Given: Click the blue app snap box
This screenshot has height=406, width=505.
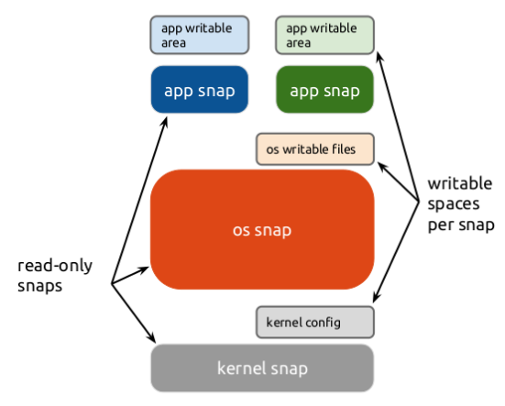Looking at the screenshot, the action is point(200,90).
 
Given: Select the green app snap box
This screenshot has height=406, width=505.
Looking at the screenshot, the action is point(325,90).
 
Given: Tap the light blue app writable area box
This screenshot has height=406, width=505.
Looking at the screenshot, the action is point(200,35).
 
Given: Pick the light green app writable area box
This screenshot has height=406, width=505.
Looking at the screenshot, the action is point(325,35).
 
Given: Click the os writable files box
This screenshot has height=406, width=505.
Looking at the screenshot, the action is point(315,149).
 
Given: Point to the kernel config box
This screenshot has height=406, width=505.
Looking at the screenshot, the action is point(315,323).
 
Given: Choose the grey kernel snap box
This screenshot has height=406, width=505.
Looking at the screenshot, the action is point(262,368).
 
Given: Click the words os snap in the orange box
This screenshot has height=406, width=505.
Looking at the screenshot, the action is point(262,231).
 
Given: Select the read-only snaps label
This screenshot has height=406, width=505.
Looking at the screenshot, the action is point(55,276).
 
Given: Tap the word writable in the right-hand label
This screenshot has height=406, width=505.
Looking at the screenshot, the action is point(460,184).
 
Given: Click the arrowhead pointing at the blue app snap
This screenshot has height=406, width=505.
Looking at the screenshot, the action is point(164,122).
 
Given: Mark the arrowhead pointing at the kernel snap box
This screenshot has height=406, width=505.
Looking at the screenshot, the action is point(152,338).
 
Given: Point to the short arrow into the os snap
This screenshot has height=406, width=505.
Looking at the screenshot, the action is point(130,275).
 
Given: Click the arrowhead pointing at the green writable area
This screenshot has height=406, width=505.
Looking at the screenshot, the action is point(379,58).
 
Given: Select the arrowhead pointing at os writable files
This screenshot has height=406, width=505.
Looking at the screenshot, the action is point(382,167).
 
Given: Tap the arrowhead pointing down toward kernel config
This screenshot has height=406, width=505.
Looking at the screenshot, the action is point(377,298).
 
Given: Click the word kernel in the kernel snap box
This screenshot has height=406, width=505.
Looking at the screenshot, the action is point(242,368).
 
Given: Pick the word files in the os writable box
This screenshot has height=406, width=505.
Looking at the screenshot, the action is point(344,149).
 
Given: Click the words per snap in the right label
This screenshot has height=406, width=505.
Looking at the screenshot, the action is point(461,225).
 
